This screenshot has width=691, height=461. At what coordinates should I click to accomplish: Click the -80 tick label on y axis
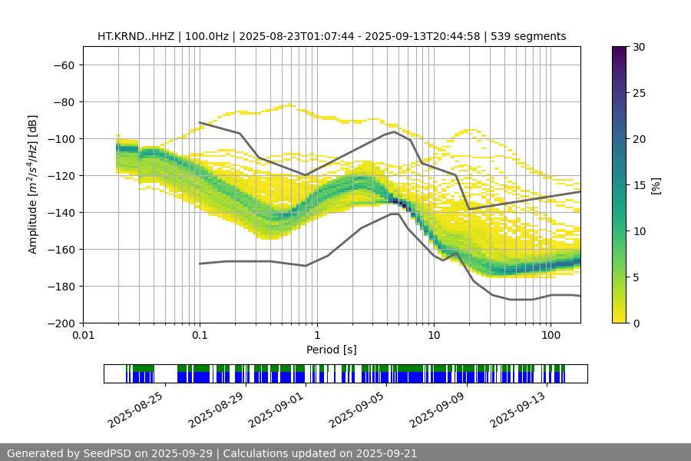pyautogui.click(x=63, y=101)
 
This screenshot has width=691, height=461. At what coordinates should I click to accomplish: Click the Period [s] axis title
pyautogui.click(x=332, y=350)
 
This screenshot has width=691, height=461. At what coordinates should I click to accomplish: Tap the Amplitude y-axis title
pyautogui.click(x=33, y=184)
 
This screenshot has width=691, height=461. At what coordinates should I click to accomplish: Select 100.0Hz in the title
pyautogui.click(x=207, y=36)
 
